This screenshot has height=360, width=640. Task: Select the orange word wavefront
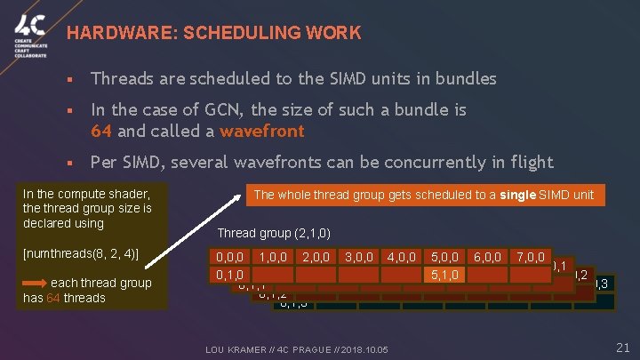tap(263, 132)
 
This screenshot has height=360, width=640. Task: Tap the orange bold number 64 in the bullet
tap(101, 132)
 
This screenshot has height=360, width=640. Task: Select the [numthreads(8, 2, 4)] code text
tap(80, 253)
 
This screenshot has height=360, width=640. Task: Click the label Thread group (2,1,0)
tap(274, 234)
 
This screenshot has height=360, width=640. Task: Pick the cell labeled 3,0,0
tap(359, 258)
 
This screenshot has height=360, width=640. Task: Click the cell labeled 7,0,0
tap(531, 258)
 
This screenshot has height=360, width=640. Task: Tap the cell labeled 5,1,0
tap(444, 275)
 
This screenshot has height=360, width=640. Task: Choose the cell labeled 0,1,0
tap(230, 275)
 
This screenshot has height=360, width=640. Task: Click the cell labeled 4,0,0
tap(402, 258)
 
